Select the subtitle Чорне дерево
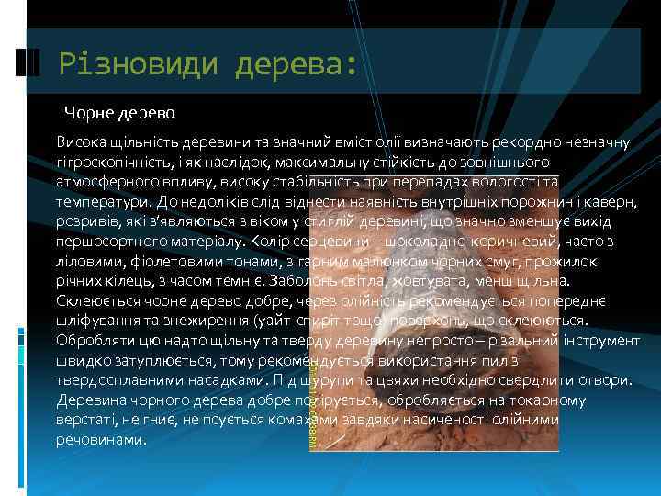(x=119, y=113)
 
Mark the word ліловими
(x=84, y=261)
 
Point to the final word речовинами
(x=100, y=441)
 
